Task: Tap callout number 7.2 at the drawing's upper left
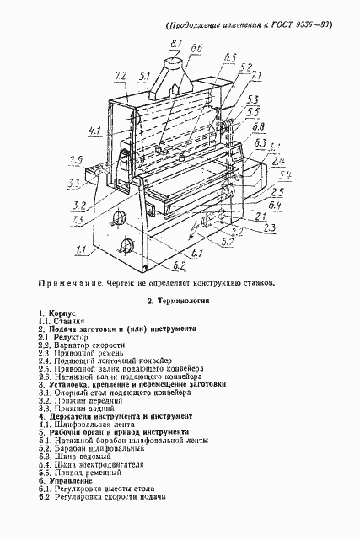click(x=120, y=76)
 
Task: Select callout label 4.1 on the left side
click(x=94, y=131)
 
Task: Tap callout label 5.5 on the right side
click(x=253, y=112)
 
